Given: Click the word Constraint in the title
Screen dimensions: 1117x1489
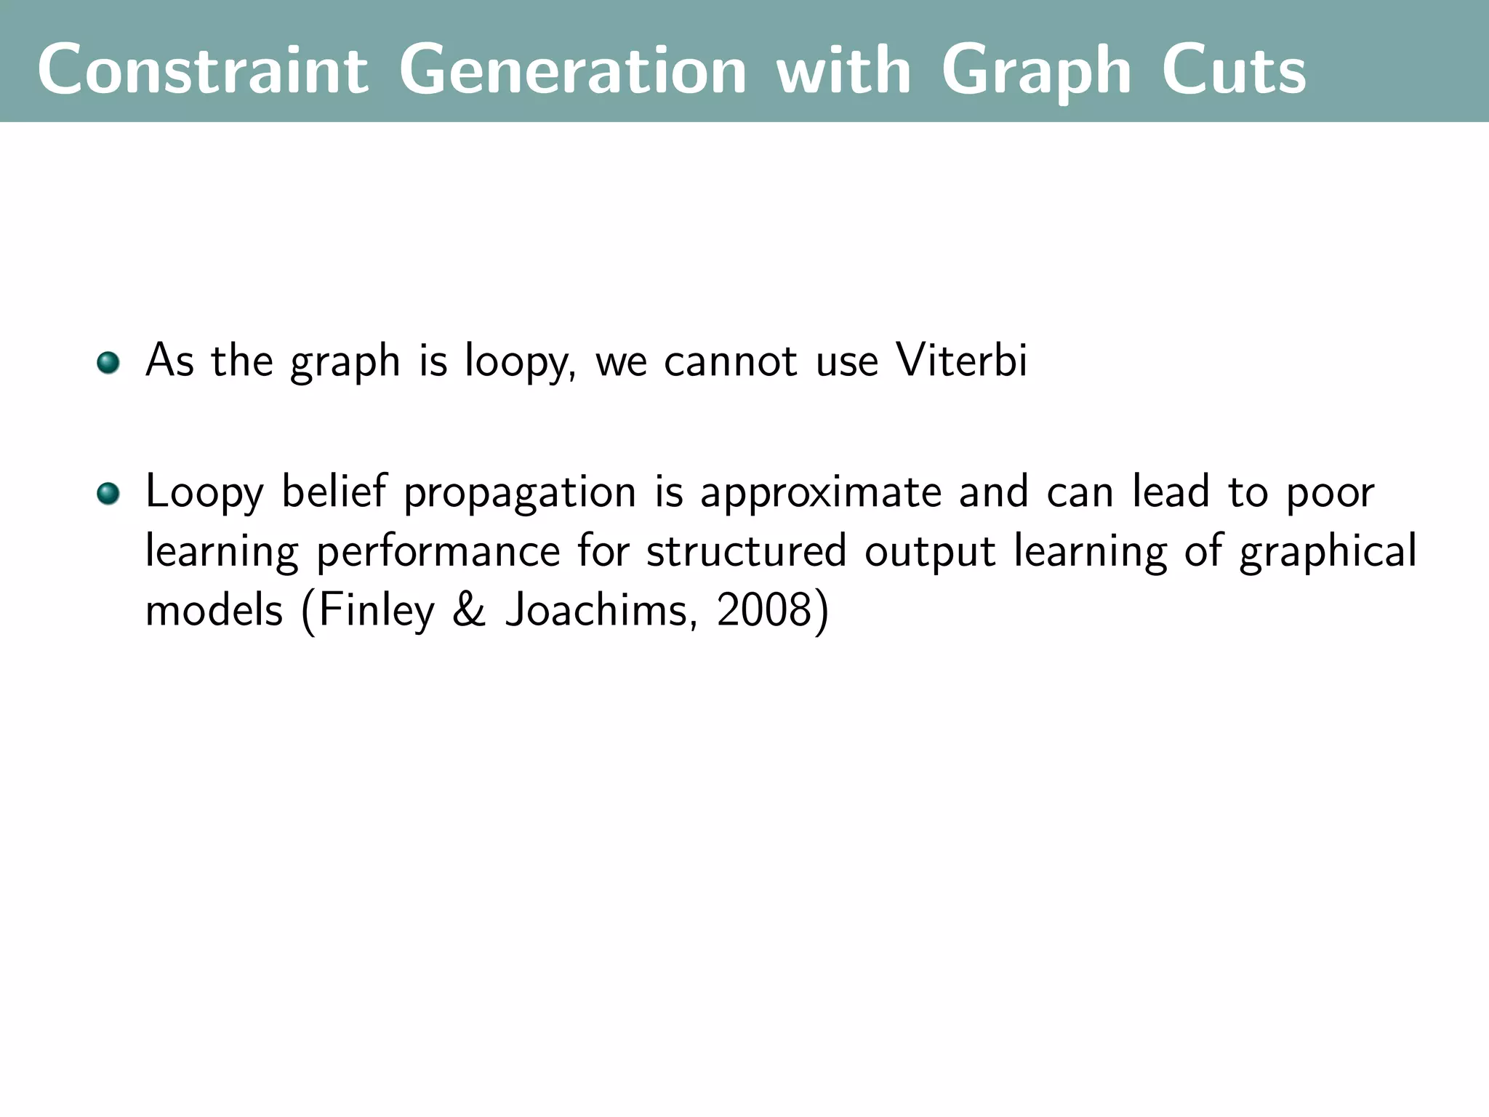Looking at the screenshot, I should tap(203, 70).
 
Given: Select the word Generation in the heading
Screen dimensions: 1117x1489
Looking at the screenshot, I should tap(573, 70).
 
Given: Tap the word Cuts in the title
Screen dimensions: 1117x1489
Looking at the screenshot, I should tap(1233, 70).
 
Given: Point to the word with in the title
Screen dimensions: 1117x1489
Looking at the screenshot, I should tap(843, 70).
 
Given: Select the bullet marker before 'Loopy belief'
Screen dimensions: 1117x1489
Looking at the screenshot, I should tap(108, 494).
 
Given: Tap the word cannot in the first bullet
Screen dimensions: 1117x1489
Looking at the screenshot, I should tap(730, 361).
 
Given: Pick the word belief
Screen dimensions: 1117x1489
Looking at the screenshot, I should tap(334, 492).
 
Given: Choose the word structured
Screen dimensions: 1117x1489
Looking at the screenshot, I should tap(747, 551).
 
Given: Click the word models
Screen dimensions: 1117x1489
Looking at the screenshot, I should tap(214, 610).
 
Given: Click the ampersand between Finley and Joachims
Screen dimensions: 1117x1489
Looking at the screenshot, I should tap(469, 610).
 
